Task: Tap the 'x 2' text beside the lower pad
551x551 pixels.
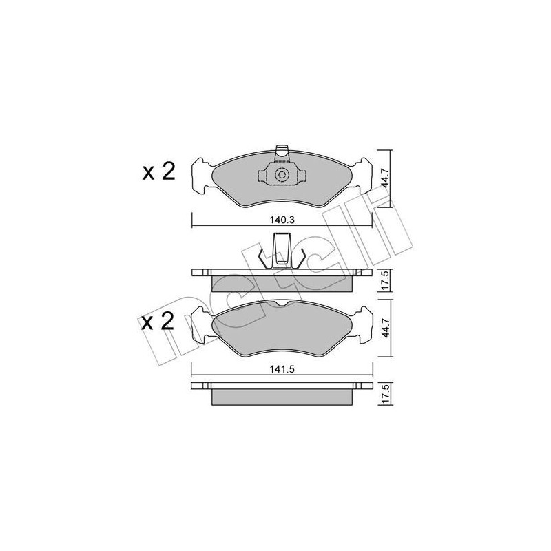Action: click(x=158, y=322)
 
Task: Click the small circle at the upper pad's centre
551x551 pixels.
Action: click(x=282, y=176)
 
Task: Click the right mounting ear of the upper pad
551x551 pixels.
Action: click(x=362, y=176)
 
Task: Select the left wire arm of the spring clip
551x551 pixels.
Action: click(x=262, y=258)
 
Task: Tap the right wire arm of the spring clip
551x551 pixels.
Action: click(x=300, y=258)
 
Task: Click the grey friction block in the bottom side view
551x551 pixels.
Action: click(x=282, y=397)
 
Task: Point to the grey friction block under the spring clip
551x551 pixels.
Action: click(x=282, y=283)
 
